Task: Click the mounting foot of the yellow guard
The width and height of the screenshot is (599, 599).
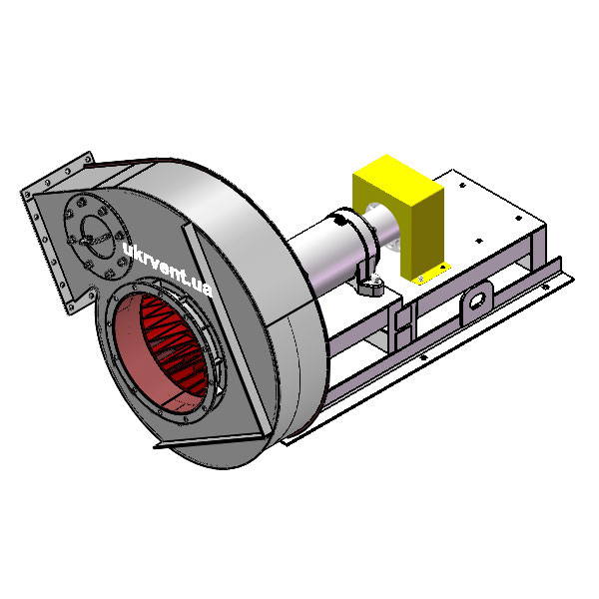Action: (x=431, y=273)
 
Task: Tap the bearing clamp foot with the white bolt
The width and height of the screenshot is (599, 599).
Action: (x=370, y=285)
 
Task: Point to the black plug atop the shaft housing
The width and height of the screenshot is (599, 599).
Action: (x=338, y=220)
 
